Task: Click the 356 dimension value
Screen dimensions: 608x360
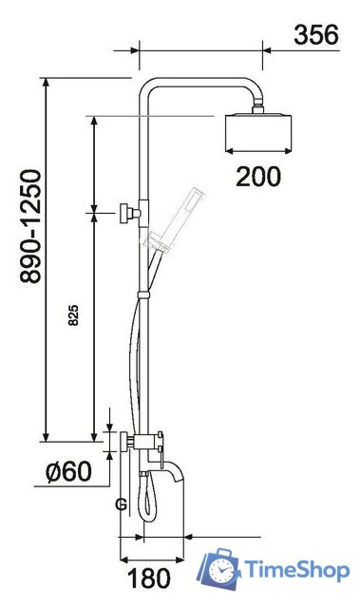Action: click(315, 35)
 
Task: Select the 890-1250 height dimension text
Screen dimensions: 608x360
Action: click(30, 227)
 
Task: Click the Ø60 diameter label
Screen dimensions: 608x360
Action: click(69, 471)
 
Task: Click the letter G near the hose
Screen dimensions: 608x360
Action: click(121, 504)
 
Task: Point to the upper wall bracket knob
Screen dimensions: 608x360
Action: click(126, 214)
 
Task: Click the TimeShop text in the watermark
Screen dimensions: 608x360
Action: click(296, 569)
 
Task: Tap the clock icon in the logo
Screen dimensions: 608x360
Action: click(223, 571)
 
